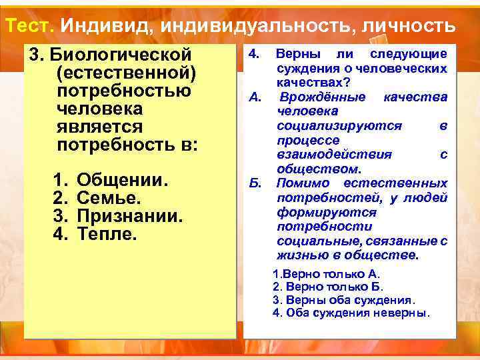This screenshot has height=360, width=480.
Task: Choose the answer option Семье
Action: pyautogui.click(x=109, y=199)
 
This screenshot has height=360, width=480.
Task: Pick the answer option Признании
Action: pyautogui.click(x=129, y=217)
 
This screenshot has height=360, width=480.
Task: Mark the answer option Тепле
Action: pyautogui.click(x=107, y=234)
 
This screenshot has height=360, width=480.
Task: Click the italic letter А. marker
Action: pyautogui.click(x=254, y=97)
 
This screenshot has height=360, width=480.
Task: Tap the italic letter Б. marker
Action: pyautogui.click(x=254, y=183)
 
